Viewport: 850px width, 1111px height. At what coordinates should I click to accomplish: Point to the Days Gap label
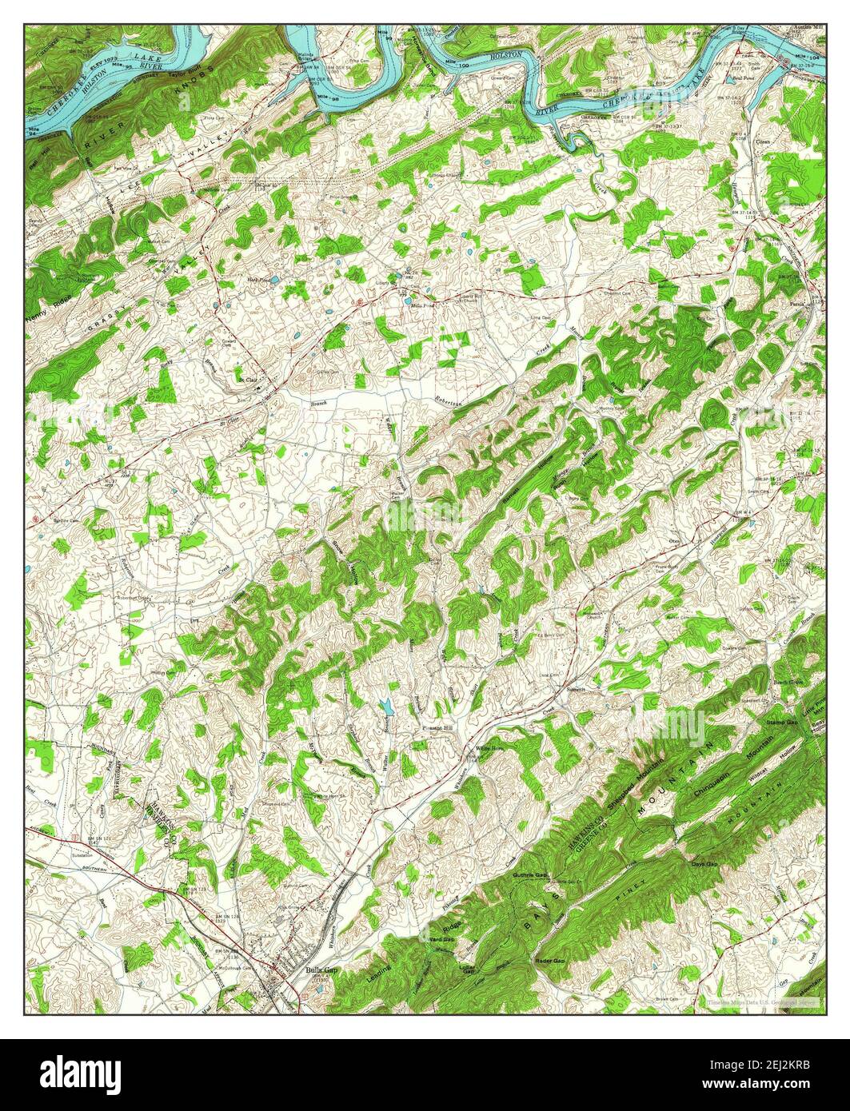point(704,864)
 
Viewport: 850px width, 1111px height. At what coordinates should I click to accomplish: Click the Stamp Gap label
point(781,722)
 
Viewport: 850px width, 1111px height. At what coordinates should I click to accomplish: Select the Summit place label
point(577,689)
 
